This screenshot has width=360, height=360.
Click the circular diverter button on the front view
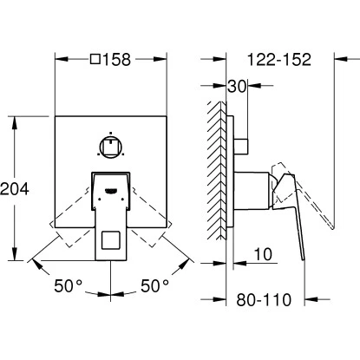[x=111, y=147]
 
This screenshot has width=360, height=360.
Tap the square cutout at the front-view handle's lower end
[x=111, y=240]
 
